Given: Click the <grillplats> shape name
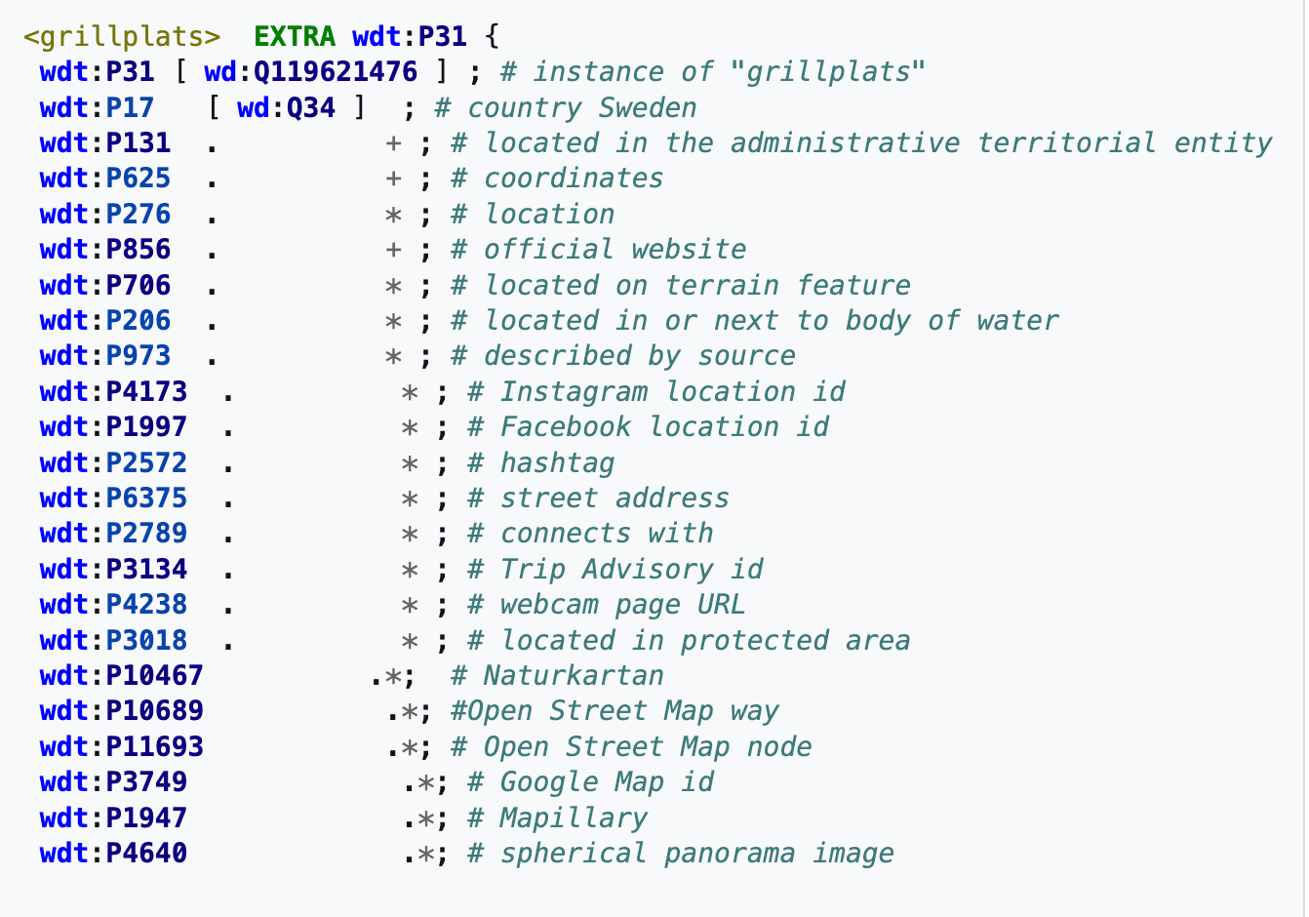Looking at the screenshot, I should click(x=122, y=37).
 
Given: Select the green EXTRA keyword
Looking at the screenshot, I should click(x=294, y=37).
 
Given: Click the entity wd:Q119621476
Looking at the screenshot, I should click(x=310, y=72).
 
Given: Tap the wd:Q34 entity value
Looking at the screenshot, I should click(x=286, y=107).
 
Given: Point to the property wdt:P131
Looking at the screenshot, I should click(x=105, y=143).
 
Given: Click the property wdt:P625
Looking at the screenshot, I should click(x=105, y=179).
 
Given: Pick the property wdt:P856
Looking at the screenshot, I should click(x=105, y=250).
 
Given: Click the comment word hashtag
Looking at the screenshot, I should click(x=557, y=462).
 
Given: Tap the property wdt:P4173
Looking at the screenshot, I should click(x=113, y=391).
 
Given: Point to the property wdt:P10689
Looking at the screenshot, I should click(x=122, y=711).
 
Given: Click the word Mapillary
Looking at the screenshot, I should click(x=574, y=817).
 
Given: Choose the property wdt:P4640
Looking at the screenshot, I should click(x=113, y=854).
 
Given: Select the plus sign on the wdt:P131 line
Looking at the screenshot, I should click(x=393, y=143).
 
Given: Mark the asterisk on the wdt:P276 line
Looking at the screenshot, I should click(x=393, y=215).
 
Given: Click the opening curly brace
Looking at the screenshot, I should click(x=492, y=37).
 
